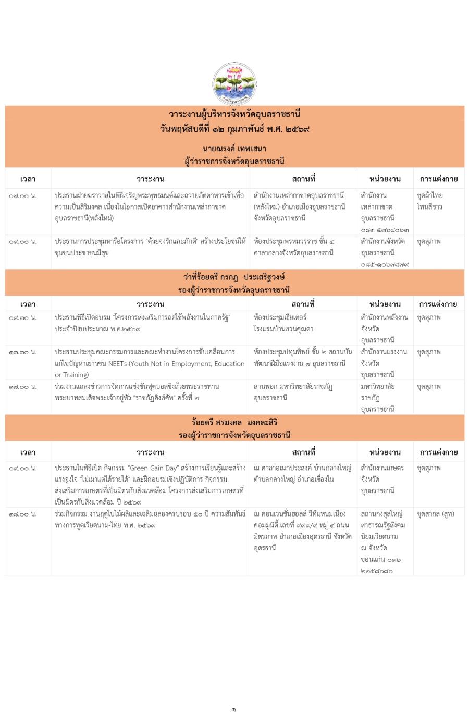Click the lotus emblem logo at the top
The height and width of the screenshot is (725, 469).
[x=234, y=83]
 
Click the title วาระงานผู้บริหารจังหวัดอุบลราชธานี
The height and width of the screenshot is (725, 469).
[x=234, y=114]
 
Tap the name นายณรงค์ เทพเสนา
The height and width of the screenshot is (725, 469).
[x=234, y=149]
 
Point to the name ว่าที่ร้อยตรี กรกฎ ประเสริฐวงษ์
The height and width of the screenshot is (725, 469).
[x=234, y=277]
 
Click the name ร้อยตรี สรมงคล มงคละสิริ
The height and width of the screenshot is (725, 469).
[x=234, y=422]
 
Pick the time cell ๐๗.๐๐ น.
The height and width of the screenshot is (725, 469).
[x=23, y=195]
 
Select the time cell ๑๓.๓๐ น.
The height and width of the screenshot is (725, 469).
[x=23, y=352]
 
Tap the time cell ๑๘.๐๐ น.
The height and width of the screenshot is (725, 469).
[x=23, y=514]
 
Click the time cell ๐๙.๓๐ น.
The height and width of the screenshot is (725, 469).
[x=23, y=317]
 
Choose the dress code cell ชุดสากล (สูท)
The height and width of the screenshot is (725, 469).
[x=435, y=514]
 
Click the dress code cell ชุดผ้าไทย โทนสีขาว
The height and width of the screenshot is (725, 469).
[x=430, y=201]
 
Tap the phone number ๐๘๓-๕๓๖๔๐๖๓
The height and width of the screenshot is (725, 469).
[x=384, y=229]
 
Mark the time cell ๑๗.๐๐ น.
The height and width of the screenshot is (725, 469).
[x=23, y=387]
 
